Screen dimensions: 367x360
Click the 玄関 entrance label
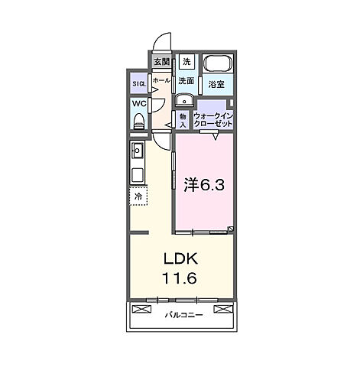161,62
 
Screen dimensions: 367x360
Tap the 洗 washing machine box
186,62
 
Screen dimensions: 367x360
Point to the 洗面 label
186,80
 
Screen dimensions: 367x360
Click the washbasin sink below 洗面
185,100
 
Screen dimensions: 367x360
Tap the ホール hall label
161,80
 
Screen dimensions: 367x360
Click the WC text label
138,102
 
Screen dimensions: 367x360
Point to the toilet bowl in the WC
139,121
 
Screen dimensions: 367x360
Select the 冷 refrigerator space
138,196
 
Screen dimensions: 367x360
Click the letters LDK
178,259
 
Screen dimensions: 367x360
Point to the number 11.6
178,279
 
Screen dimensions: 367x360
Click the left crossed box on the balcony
141,309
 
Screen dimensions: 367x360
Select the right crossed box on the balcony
222,309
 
